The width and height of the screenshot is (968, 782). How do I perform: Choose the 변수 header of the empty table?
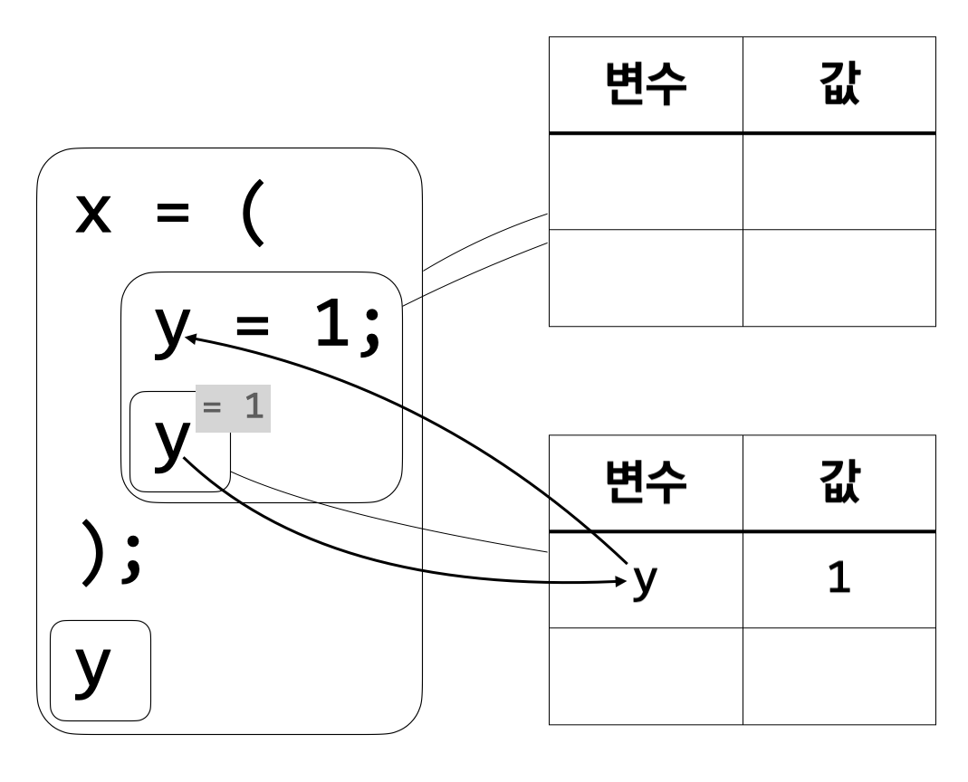coord(646,86)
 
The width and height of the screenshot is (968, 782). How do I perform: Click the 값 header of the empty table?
coord(839,86)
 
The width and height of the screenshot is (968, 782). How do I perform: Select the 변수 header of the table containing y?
coord(646,484)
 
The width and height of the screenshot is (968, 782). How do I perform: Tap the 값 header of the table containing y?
coord(839,484)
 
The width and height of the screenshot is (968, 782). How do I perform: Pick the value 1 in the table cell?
coord(839,580)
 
